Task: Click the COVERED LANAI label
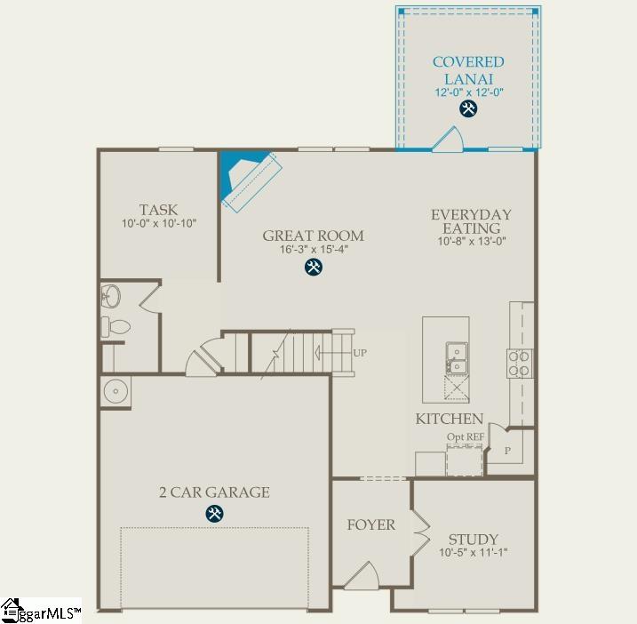click(468, 69)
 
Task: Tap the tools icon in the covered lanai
click(468, 109)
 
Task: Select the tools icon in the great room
click(314, 267)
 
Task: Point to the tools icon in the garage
click(214, 513)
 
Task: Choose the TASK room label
click(158, 210)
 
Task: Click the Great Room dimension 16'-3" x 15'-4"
click(313, 250)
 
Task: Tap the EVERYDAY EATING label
click(471, 221)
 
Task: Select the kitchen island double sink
click(457, 356)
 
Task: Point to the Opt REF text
click(465, 436)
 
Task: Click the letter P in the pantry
click(508, 451)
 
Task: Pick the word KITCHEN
click(450, 419)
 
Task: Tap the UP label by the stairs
click(360, 353)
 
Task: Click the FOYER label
click(370, 524)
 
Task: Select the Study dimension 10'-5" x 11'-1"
click(473, 552)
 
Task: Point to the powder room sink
click(112, 295)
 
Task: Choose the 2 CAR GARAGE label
click(214, 492)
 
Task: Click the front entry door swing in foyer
click(362, 577)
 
